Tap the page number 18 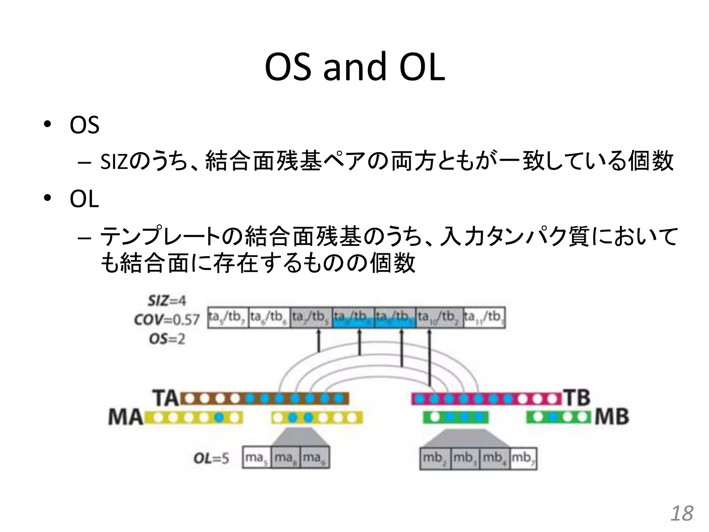coord(682,513)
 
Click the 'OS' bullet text coord(84,125)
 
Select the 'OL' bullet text coord(84,199)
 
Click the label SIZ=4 coord(167,301)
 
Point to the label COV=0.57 coord(167,319)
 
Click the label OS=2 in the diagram coord(167,339)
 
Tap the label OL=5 coord(211,458)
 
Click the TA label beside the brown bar coord(165,398)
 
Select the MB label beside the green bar coord(612,417)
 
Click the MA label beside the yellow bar coord(125,417)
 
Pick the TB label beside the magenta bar coord(577,398)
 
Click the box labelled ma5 coord(257,458)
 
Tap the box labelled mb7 coord(523,459)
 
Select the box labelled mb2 coord(435,459)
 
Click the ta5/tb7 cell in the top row coord(227,317)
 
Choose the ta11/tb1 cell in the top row coord(484,317)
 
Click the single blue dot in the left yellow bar coord(218,418)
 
